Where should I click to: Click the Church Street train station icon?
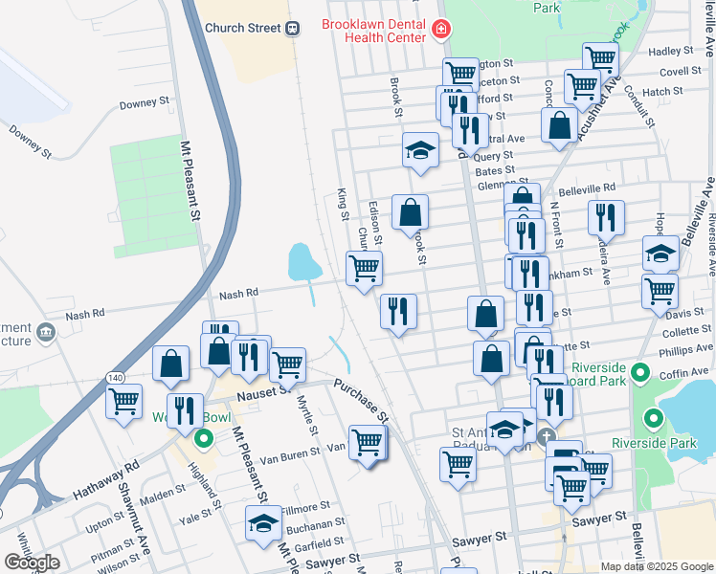coord(293,29)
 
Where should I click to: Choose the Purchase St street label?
coord(362,401)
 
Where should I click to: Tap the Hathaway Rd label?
coord(105,477)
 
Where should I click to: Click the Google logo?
coord(32,563)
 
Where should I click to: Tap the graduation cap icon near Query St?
coord(419,150)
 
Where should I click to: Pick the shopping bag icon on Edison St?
coord(410,212)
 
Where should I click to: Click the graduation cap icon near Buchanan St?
coord(263,522)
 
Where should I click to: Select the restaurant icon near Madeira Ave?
coord(606,217)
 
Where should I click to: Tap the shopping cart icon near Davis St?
coord(660,291)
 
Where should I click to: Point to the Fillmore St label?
coord(305,504)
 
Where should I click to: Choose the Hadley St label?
coord(669,52)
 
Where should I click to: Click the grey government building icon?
coord(45,334)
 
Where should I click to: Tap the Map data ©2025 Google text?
coord(656,566)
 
